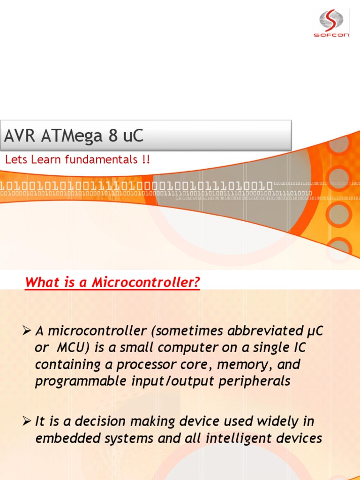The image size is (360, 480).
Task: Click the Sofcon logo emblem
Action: (x=331, y=20)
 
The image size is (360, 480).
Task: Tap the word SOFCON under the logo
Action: (x=331, y=35)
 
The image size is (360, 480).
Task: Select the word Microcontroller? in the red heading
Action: (x=146, y=283)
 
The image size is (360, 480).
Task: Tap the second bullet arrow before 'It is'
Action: (x=26, y=421)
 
